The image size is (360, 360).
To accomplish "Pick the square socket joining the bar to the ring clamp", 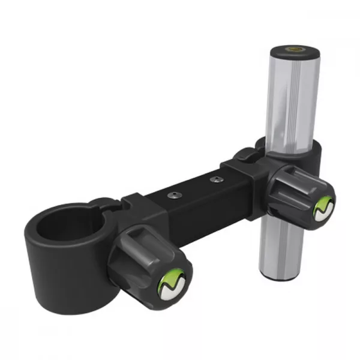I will [x=144, y=207].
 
